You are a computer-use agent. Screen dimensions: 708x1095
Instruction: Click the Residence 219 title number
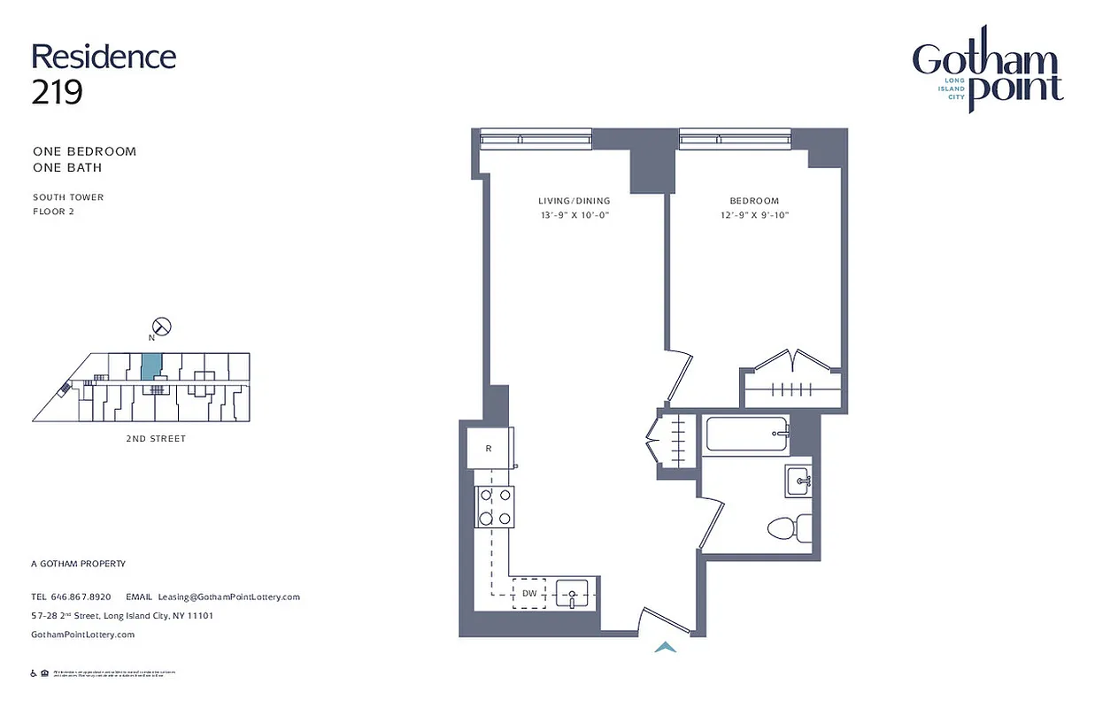58,91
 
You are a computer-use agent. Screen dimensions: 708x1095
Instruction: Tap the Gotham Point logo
987,80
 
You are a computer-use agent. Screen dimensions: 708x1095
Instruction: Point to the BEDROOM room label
754,201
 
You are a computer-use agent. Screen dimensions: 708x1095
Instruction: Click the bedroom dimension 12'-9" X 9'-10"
754,215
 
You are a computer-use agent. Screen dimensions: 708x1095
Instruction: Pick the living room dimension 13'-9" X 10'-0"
574,215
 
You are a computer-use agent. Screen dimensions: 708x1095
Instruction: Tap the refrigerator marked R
490,449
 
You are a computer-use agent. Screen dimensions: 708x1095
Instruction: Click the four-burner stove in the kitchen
495,507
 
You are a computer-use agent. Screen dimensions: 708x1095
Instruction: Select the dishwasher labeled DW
529,593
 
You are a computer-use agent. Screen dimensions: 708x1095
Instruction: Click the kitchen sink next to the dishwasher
572,593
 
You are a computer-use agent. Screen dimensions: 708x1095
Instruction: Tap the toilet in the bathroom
790,528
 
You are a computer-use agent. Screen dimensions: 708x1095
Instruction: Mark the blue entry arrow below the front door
665,648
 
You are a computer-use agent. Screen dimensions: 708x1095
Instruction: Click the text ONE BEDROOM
85,151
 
